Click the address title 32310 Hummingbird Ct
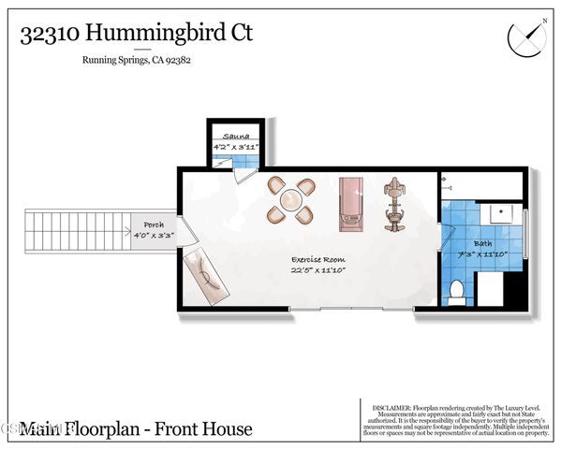tap(136, 35)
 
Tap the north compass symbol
tap(524, 36)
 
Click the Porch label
tap(153, 225)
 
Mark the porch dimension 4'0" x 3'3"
tap(153, 236)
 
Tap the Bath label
tap(481, 244)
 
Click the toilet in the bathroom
tap(456, 292)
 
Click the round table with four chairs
tap(290, 200)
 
